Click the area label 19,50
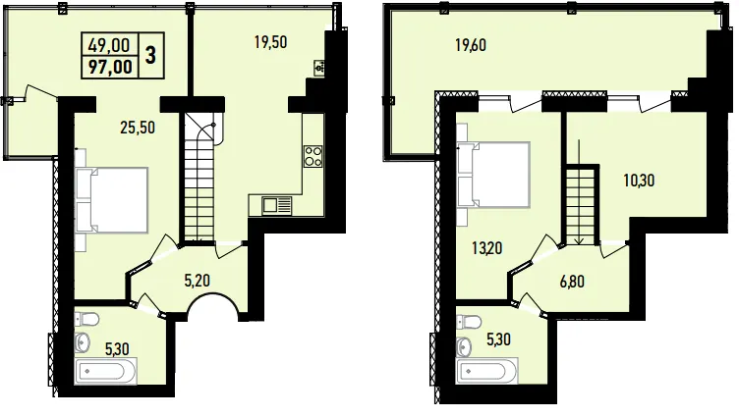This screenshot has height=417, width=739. click(270, 42)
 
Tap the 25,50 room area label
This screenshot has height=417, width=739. click(138, 128)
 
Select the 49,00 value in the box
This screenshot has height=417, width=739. click(109, 45)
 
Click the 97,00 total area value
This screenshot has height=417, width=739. click(111, 67)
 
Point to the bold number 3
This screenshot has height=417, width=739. click(150, 56)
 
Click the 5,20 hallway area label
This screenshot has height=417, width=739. click(197, 281)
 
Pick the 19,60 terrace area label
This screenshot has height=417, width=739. click(471, 45)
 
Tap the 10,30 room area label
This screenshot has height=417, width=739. click(639, 180)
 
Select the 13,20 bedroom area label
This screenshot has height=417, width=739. click(486, 247)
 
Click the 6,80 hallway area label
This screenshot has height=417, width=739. click(572, 282)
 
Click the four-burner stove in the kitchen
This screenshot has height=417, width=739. click(313, 156)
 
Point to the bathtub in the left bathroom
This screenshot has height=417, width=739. click(105, 371)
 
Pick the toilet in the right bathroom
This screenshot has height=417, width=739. click(469, 323)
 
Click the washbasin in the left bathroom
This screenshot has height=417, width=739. click(82, 342)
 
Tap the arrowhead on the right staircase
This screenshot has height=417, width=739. click(579, 241)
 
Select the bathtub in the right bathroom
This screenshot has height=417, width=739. click(487, 371)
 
